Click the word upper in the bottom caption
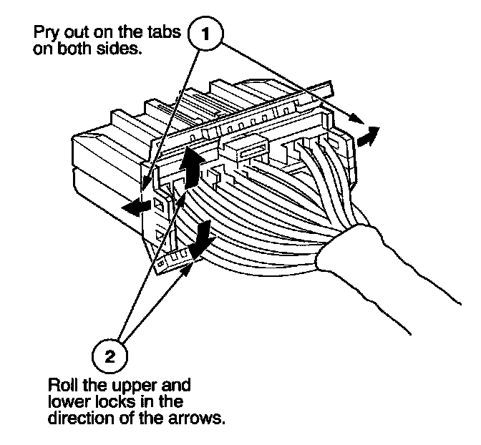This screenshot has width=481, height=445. point(122,384)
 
